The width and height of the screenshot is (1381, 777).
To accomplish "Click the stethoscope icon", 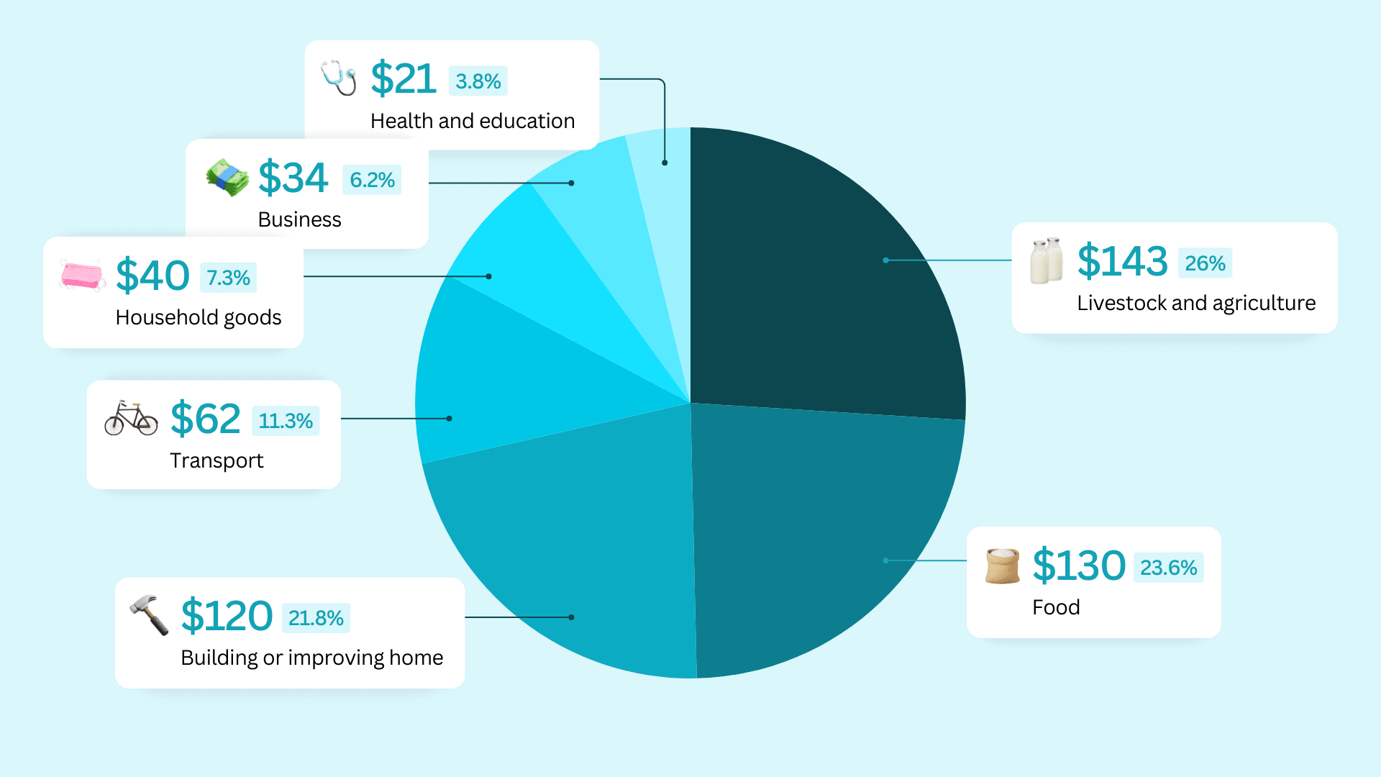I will pos(339,78).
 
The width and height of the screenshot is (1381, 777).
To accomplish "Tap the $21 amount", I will pos(404,78).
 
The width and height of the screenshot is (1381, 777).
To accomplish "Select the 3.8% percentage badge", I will pos(478,81).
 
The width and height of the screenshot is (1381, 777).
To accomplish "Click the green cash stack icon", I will pos(227,178).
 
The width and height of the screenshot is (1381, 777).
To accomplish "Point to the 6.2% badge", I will pos(372,180).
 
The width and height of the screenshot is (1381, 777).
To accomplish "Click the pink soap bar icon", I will pos(82,276).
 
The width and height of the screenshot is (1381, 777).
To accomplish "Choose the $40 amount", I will pos(152,276).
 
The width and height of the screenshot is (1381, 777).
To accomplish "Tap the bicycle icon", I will pos(131,419).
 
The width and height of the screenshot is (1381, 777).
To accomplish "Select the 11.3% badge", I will pos(286,421).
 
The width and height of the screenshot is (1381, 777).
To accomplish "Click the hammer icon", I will pos(150,614).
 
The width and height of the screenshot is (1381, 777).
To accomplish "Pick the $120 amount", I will pos(227,616).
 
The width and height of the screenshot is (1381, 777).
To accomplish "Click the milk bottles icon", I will pos(1047,260).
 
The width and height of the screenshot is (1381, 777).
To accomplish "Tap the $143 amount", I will pos(1122,260).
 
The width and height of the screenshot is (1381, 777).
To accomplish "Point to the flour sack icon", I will pos(1003,565).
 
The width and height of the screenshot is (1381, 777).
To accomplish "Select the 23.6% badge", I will pos(1168,568).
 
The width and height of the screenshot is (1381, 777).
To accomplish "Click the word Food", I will pos(1056,607).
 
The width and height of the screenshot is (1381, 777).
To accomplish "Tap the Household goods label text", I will pos(199,317).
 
